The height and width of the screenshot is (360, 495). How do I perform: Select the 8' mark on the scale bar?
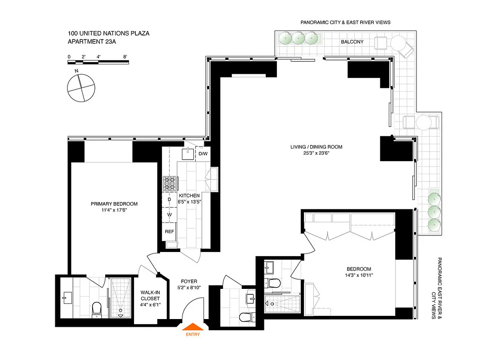click(125, 57)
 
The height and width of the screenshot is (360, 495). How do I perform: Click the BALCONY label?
click(352, 42)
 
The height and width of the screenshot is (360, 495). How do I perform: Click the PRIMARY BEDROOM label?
click(114, 204)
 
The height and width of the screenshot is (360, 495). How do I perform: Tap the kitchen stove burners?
click(169, 182)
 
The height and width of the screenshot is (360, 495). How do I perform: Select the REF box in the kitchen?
click(169, 231)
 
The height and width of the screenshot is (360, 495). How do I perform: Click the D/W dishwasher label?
click(203, 154)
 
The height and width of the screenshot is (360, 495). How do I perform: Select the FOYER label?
click(189, 281)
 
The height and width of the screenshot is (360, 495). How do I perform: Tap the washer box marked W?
click(169, 215)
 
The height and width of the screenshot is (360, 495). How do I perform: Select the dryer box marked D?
click(169, 199)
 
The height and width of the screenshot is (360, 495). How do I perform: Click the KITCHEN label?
click(189, 196)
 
